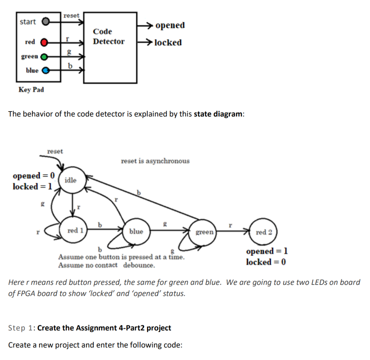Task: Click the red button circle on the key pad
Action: coord(44,43)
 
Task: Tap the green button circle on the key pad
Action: coord(44,57)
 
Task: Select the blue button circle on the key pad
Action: coord(46,70)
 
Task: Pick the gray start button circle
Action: coord(46,22)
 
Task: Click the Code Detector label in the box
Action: coord(108,36)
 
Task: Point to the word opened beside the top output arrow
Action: coord(170,26)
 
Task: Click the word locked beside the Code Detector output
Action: coord(168,43)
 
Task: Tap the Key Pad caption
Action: coord(31,90)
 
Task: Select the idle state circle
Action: coord(72,180)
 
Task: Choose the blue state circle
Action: coord(136,231)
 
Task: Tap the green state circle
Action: coord(203,233)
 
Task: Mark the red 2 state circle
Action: coord(263,232)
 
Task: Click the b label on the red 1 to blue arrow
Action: coord(100,225)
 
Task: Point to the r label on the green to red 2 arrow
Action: coord(231,225)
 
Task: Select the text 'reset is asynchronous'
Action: coord(155,161)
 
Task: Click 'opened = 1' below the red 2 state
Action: coord(267,251)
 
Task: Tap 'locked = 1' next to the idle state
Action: coord(32,186)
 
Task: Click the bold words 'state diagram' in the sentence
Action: coord(218,114)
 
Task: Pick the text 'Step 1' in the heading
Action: coord(20,328)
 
